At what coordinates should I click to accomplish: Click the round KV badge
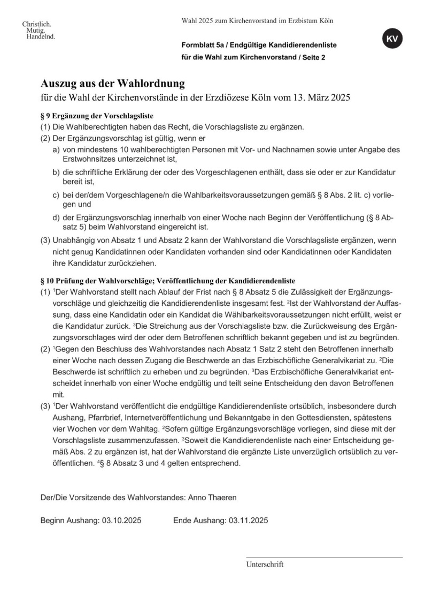[392, 39]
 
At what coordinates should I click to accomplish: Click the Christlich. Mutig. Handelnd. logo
[38, 31]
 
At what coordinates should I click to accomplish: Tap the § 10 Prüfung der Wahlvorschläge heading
[167, 280]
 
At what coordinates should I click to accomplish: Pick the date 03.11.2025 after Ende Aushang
[248, 520]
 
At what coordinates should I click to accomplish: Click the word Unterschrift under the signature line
[265, 564]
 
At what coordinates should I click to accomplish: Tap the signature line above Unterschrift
[324, 557]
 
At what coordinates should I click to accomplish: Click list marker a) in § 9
[56, 150]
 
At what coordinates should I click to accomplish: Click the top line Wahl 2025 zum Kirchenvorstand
[257, 21]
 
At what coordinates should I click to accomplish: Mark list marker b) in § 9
[56, 172]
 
